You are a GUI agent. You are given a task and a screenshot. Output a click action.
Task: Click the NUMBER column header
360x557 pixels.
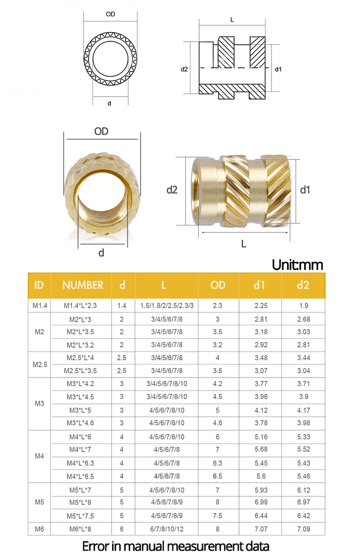[82, 285]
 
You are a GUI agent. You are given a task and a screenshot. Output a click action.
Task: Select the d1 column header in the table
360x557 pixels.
[259, 285]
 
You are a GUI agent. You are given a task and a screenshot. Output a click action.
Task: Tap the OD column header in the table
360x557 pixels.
[218, 285]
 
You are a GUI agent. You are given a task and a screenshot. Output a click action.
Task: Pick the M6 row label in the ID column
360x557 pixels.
[40, 529]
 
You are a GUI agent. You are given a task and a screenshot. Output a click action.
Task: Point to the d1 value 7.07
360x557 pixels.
[261, 529]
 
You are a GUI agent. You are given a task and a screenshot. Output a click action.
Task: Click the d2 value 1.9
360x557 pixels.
[303, 305]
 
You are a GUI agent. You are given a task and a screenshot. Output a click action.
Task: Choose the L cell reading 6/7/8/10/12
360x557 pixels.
[166, 529]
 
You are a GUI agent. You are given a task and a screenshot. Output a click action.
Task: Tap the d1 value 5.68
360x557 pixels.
[261, 450]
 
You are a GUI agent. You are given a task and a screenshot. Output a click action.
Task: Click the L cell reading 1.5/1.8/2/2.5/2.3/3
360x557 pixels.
[167, 305]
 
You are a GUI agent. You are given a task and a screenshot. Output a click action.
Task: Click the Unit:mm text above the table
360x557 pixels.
[297, 265]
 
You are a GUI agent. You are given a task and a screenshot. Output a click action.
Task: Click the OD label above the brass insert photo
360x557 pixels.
[101, 131]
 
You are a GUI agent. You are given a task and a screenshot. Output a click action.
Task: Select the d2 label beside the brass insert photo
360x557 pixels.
[172, 190]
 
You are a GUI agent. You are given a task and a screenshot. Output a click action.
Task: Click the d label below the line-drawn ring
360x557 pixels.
[109, 103]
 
